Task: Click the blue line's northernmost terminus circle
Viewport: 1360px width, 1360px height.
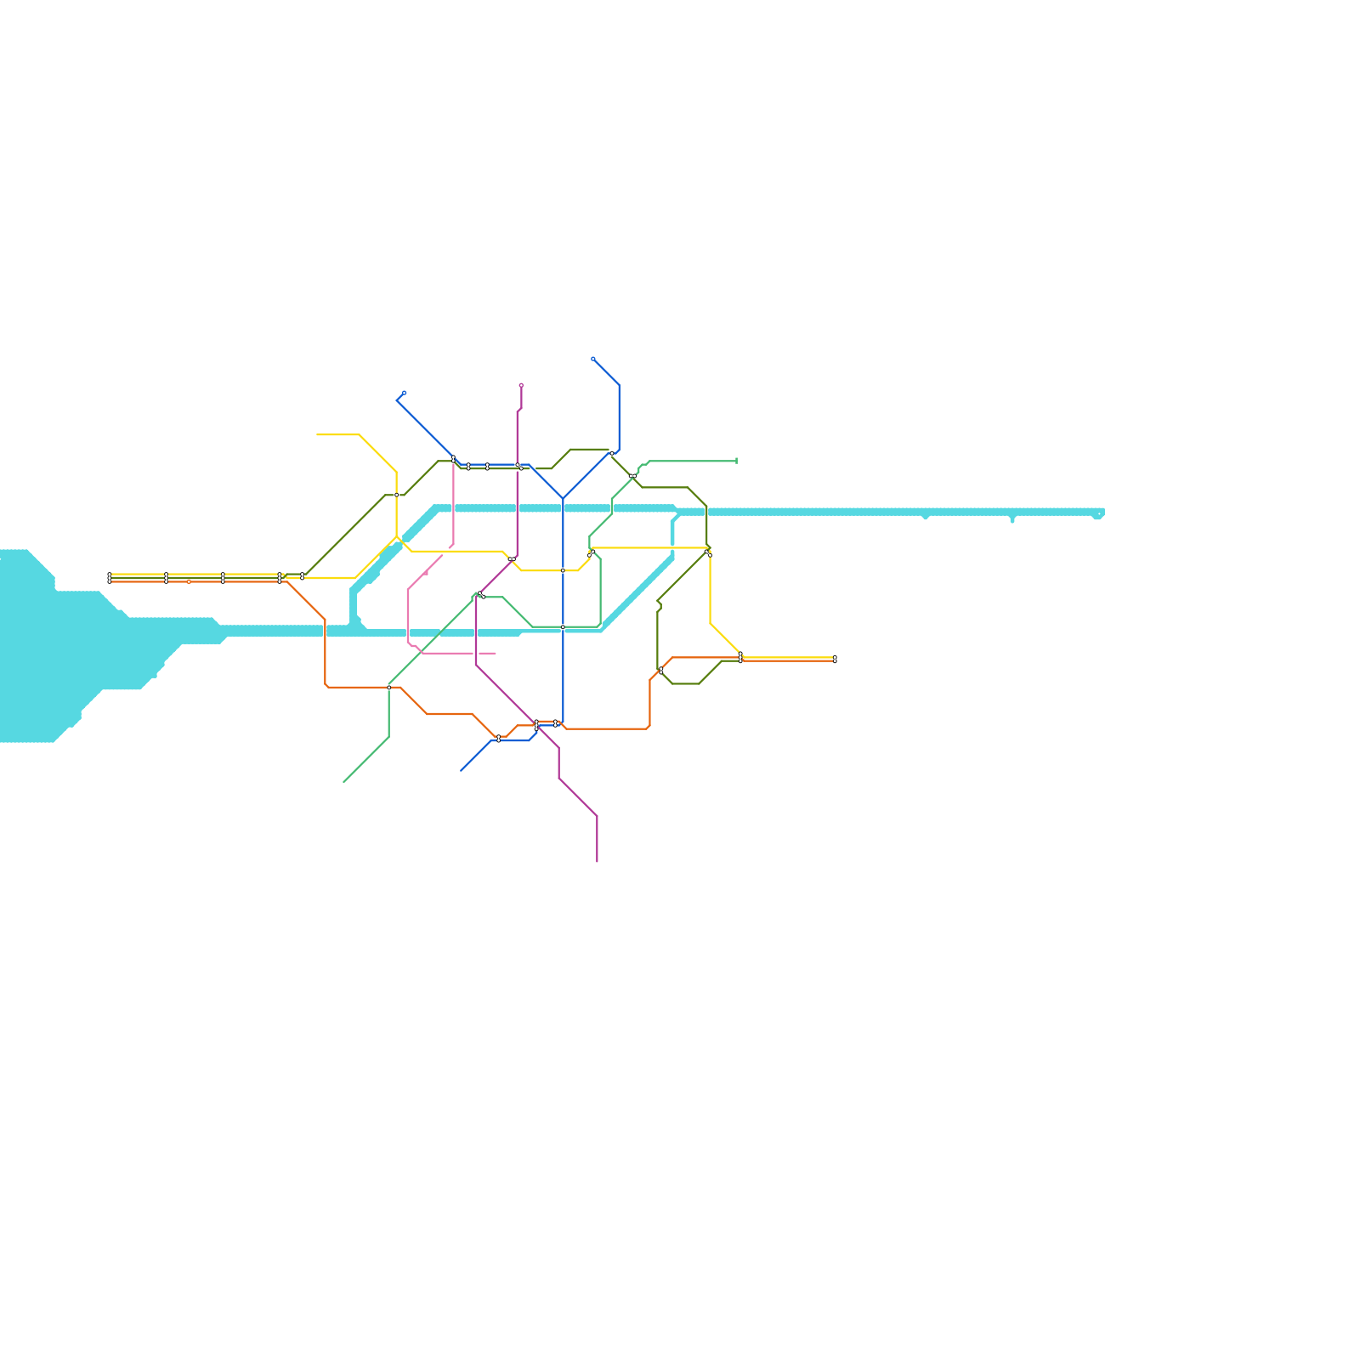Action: (593, 359)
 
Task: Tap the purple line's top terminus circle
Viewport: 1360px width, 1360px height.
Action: (521, 385)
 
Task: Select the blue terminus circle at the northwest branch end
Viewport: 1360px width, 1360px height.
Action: (404, 393)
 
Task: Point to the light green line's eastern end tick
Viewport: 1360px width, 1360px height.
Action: (736, 461)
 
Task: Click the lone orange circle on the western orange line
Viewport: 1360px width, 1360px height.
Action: (189, 582)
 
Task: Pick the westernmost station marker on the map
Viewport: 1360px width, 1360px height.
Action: (110, 578)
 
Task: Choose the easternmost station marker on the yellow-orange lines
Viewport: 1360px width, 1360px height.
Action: (835, 660)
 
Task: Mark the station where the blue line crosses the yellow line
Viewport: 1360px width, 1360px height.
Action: (563, 570)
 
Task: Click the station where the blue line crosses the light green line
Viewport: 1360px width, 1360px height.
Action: (563, 627)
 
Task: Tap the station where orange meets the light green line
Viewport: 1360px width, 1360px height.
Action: (389, 687)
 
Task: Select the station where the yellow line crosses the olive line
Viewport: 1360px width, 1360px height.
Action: (397, 495)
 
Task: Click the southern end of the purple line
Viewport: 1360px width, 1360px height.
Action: (597, 861)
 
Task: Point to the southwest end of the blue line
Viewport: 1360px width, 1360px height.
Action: (462, 770)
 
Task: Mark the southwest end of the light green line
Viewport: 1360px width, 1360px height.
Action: (344, 781)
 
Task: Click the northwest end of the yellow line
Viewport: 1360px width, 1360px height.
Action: (318, 434)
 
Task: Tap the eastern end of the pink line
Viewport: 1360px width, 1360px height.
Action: (495, 653)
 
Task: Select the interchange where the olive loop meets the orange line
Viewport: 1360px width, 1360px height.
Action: (661, 671)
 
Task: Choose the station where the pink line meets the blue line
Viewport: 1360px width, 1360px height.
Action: (453, 459)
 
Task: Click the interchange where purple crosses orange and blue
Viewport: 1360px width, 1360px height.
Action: (536, 724)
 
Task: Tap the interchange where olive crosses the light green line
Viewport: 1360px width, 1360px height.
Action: (632, 476)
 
